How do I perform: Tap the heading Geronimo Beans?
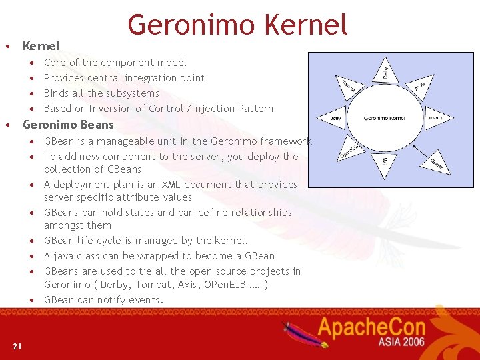click(x=68, y=125)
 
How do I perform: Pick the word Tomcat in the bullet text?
click(x=144, y=285)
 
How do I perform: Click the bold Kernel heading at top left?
click(x=41, y=46)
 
